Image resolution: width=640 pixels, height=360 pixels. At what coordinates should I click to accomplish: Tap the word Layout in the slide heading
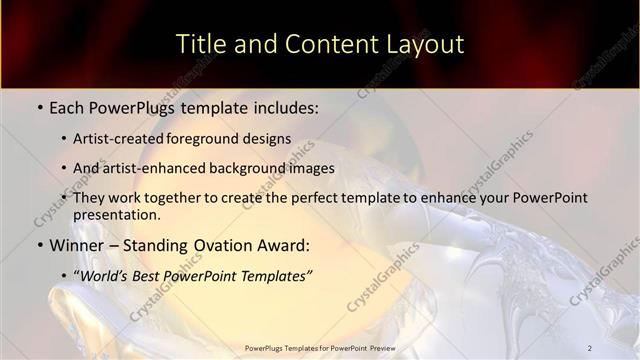422,45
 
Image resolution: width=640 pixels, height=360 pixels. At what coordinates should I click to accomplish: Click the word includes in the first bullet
287,106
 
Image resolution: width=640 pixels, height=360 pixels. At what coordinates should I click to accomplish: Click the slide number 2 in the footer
590,348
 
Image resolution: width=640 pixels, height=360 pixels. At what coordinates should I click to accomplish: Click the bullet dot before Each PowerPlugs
39,106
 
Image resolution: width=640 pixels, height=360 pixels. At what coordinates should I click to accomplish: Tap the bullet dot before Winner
39,245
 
